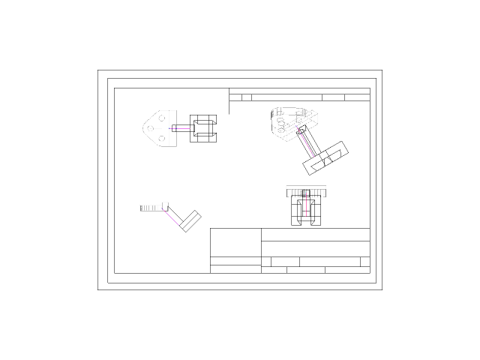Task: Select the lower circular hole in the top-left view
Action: pyautogui.click(x=162, y=138)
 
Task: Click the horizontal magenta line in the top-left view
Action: pyautogui.click(x=181, y=128)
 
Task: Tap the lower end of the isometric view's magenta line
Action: pyautogui.click(x=313, y=156)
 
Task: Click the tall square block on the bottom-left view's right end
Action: pyautogui.click(x=165, y=205)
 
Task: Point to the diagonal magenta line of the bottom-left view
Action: pyautogui.click(x=172, y=218)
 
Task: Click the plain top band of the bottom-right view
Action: pyautogui.click(x=306, y=187)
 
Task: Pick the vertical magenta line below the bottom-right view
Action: pyautogui.click(x=306, y=206)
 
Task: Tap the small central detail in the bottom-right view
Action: pyautogui.click(x=303, y=193)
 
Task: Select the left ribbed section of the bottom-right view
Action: pyautogui.click(x=293, y=193)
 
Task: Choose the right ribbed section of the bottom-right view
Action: pyautogui.click(x=316, y=193)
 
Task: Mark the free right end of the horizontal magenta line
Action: pyautogui.click(x=190, y=128)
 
